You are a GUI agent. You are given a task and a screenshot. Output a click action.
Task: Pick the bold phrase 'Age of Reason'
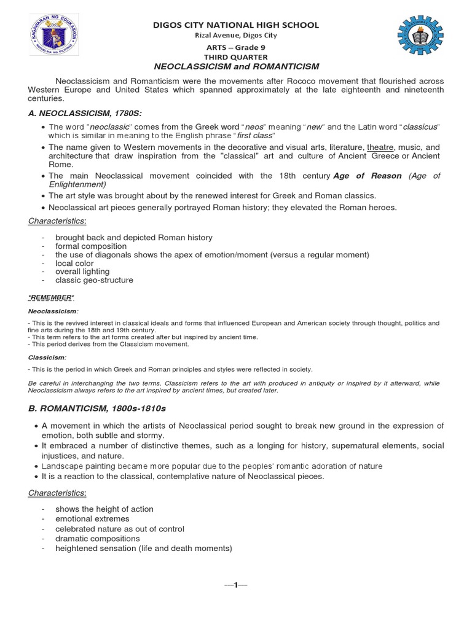point(367,176)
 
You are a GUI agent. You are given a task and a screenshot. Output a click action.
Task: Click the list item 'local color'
point(76,263)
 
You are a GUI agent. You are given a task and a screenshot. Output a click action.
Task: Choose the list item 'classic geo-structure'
point(94,280)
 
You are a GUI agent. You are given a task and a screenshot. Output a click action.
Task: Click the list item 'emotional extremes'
point(93,519)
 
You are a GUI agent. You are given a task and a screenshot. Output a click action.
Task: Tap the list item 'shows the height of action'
point(104,509)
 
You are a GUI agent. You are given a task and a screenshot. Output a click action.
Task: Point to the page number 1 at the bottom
point(235,584)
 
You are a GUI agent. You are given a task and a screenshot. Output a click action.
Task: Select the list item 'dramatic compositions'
point(98,539)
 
